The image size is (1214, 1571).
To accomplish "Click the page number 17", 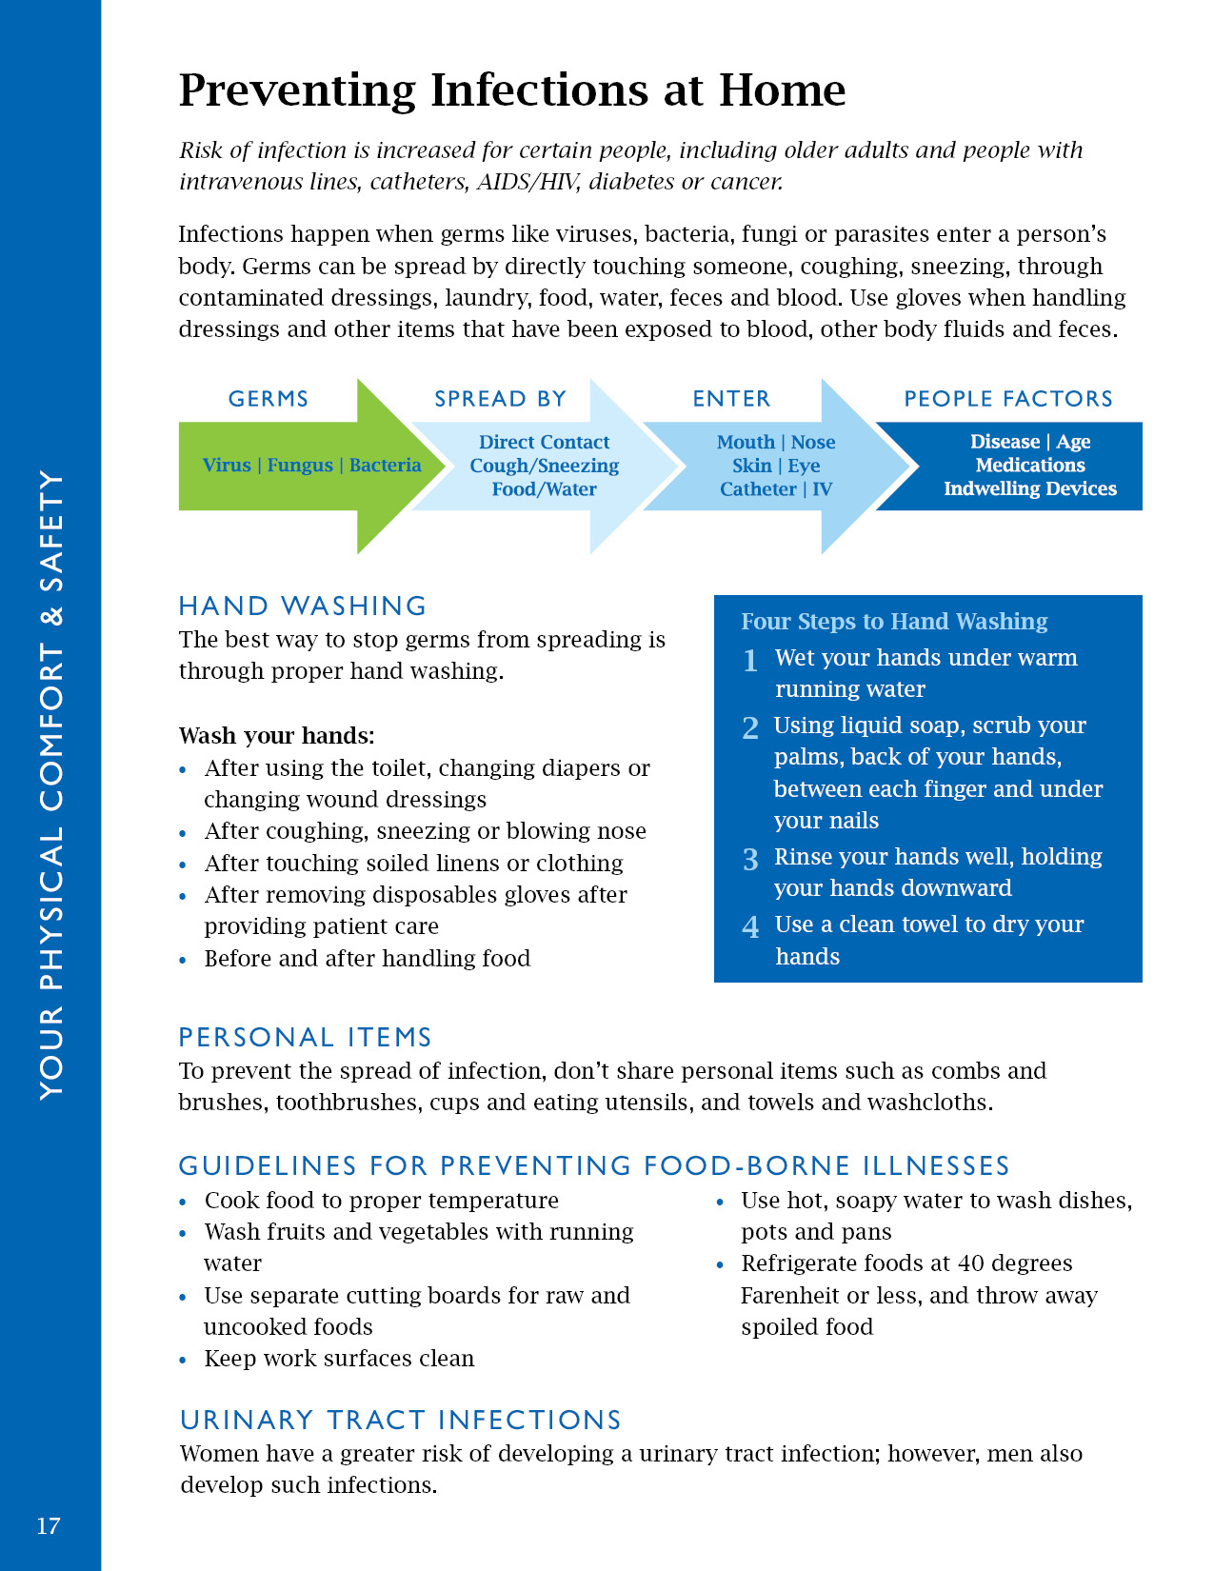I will [x=49, y=1526].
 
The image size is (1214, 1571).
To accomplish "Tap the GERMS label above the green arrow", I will [x=269, y=399].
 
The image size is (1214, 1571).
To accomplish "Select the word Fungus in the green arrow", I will [x=300, y=466].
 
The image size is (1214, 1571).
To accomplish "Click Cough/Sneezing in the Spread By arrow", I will [x=544, y=466].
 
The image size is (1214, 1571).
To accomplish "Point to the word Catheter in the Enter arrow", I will [x=758, y=489].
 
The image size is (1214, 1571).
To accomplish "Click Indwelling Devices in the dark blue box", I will [x=1029, y=488].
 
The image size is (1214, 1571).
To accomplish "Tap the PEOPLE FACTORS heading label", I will [x=1008, y=399].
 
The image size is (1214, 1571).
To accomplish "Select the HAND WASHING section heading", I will [x=303, y=607].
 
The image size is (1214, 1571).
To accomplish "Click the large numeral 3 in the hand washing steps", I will [x=751, y=860].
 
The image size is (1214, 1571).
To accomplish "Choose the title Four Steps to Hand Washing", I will [x=894, y=622].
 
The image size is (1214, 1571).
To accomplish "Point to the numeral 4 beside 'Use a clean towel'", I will [x=751, y=927].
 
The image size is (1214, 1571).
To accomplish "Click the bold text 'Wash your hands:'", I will [x=277, y=736].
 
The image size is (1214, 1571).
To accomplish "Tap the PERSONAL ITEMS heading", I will [x=306, y=1037].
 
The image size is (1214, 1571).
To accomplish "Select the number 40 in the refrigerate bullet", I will [x=971, y=1263].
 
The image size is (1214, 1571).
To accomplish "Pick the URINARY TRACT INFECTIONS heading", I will [x=400, y=1420].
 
